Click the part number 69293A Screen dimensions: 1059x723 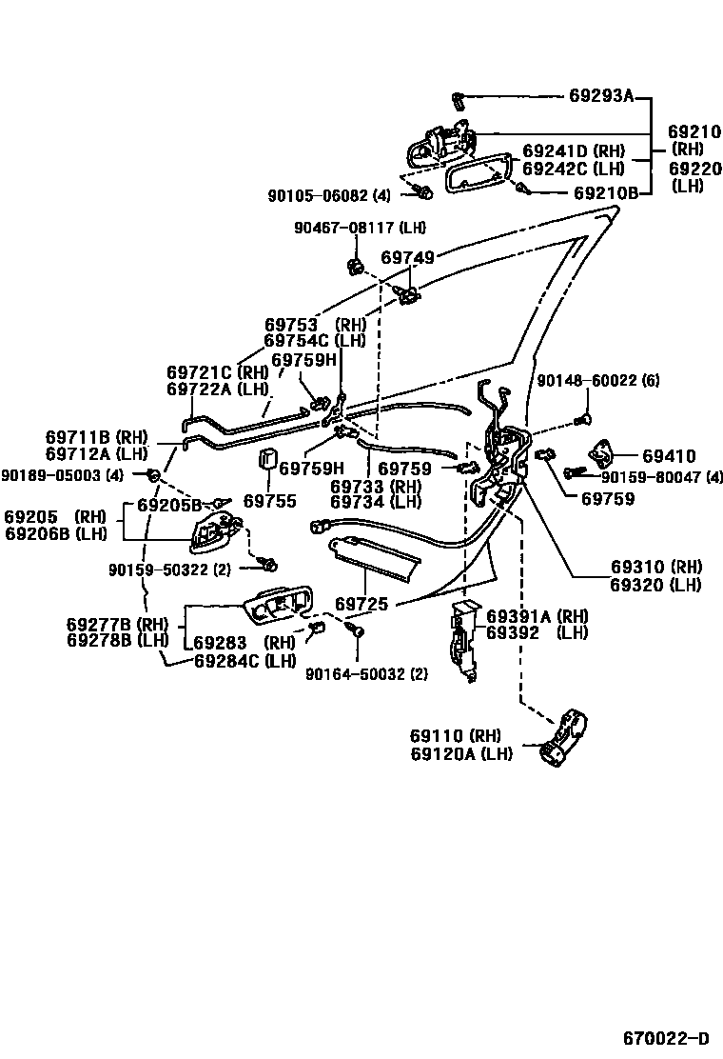(x=601, y=96)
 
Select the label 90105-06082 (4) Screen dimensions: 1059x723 (x=329, y=195)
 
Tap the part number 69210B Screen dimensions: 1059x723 (x=605, y=192)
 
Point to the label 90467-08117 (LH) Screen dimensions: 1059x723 (x=360, y=228)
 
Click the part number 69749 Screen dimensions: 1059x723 (x=407, y=258)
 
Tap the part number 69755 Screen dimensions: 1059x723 (x=269, y=501)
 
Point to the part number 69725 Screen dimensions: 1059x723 (x=361, y=605)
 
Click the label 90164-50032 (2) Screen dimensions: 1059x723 (x=366, y=674)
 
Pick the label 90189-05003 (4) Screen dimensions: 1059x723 (x=63, y=474)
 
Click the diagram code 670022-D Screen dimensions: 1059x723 (x=666, y=1037)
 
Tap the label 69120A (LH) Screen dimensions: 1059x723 (x=461, y=753)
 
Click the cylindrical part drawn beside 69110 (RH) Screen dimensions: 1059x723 (x=568, y=738)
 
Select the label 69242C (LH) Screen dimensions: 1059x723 (x=573, y=169)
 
